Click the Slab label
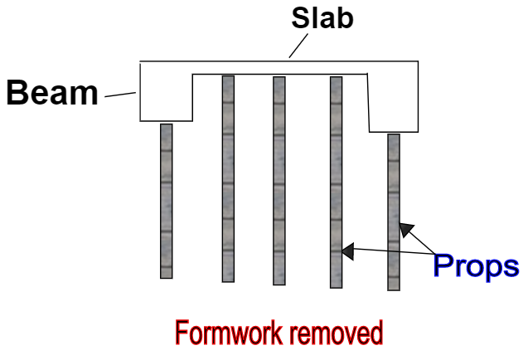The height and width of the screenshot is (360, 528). [322, 18]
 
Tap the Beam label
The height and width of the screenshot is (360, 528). [52, 93]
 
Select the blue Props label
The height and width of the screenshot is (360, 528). [476, 265]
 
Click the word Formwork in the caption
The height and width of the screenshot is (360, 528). [225, 333]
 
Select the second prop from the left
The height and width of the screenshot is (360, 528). [228, 178]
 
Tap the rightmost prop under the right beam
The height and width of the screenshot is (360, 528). [394, 212]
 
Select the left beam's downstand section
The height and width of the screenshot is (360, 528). [166, 104]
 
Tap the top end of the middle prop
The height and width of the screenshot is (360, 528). [279, 80]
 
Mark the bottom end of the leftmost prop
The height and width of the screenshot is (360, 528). [167, 275]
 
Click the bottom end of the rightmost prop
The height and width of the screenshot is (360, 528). [394, 287]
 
